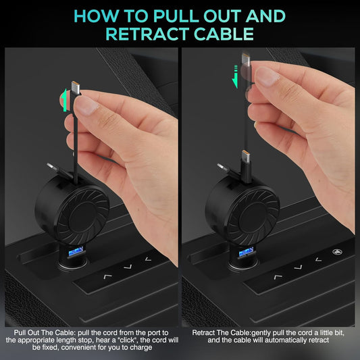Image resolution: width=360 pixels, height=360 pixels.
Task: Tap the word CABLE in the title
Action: point(224,34)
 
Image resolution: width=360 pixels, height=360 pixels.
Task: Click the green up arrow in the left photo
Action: point(64,100)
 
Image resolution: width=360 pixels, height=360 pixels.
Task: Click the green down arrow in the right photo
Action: point(235,76)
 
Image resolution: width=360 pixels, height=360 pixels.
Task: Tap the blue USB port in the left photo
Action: point(76,252)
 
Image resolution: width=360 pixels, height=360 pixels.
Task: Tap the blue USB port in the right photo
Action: point(246,252)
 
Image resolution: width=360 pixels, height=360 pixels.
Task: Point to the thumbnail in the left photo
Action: point(86,105)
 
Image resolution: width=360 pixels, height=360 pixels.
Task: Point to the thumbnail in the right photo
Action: point(266,77)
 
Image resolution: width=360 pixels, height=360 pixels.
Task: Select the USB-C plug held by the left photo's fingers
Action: point(75,88)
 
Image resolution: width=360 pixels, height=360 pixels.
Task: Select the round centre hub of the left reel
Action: point(82,216)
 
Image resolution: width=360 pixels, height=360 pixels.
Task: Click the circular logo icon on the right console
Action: point(337,252)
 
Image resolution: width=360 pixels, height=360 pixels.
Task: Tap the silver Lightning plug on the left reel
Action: point(52,167)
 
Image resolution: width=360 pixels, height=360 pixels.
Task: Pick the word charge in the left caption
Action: point(141,348)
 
